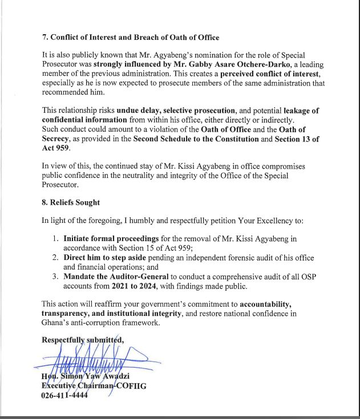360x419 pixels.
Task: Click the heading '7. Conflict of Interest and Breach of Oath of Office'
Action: [131, 37]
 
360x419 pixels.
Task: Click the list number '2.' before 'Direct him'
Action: [56, 258]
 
